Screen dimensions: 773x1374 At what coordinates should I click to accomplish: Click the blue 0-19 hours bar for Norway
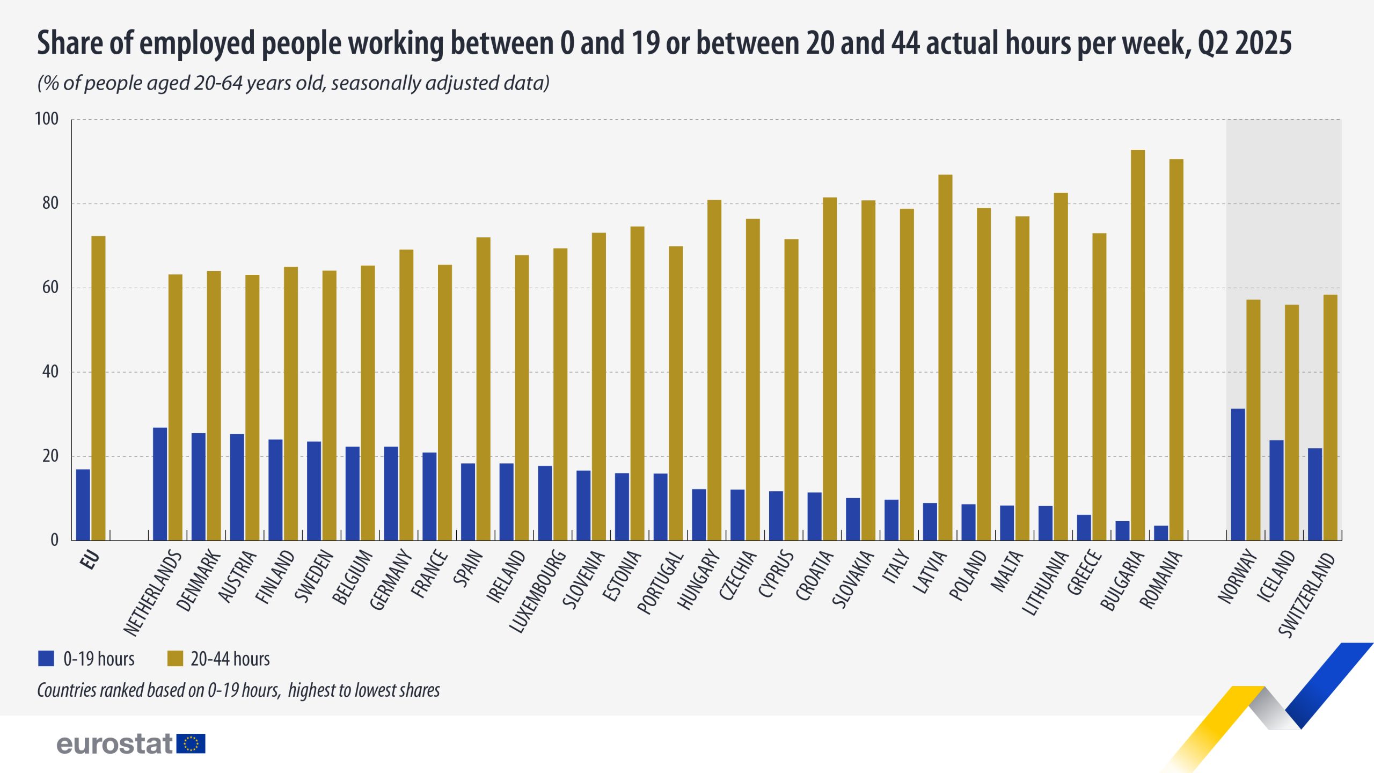(1238, 475)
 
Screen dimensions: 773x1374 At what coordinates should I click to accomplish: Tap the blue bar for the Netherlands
(160, 484)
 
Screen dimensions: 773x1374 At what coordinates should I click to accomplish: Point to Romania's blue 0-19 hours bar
(1160, 533)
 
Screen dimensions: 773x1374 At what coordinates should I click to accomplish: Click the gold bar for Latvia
(945, 357)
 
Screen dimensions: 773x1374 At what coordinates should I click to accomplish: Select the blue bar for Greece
(1084, 527)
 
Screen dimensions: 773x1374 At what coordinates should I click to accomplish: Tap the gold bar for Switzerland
(1330, 417)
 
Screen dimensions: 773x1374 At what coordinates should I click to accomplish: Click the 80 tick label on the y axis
(50, 203)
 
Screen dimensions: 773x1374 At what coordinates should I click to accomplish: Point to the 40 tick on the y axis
(50, 371)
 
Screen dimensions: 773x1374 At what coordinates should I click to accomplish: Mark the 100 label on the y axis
(47, 119)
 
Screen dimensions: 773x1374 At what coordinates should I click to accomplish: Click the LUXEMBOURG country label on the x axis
(537, 590)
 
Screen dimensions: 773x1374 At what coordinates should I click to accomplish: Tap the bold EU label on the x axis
(90, 559)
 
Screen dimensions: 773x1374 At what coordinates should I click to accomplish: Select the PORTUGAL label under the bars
(661, 582)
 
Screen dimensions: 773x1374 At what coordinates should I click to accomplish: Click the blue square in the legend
(46, 658)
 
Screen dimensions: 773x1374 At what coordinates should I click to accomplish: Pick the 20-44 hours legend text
(230, 659)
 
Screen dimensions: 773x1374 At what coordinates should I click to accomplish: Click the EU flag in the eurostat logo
(191, 743)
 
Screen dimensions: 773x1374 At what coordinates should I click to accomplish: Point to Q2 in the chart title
(1214, 43)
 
